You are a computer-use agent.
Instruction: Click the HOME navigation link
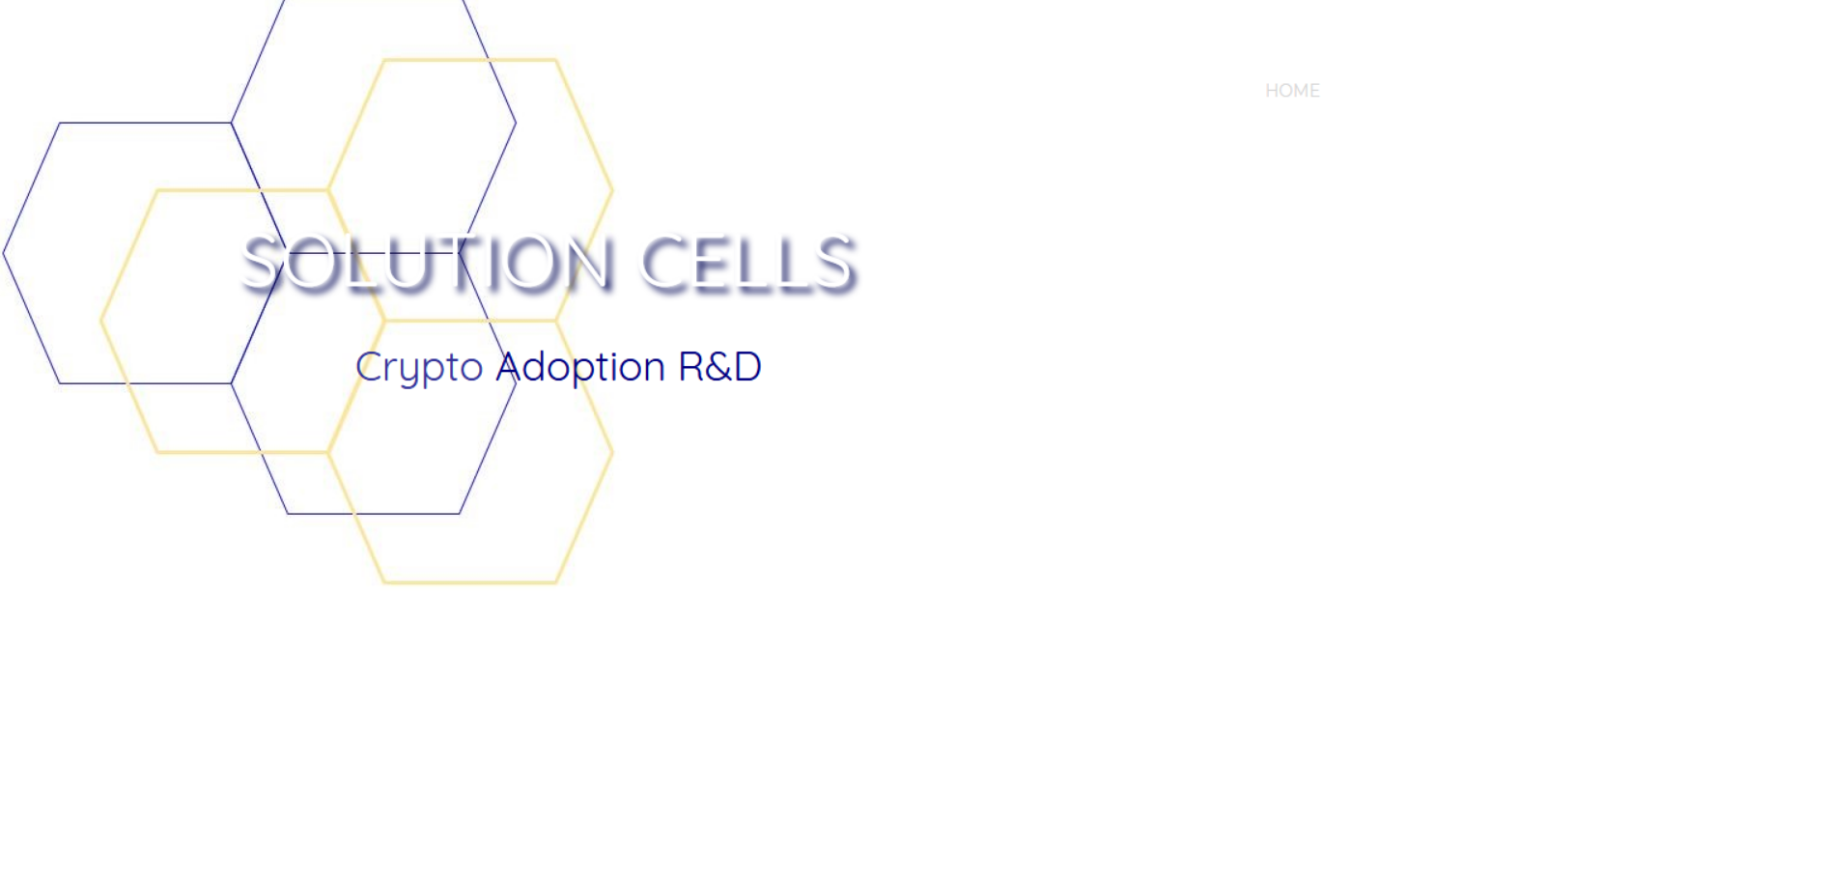(1292, 91)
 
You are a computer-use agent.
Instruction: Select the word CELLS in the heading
(747, 263)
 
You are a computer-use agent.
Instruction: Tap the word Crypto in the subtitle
(419, 368)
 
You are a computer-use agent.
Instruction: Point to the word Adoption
(580, 368)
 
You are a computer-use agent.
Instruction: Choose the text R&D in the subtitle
(720, 367)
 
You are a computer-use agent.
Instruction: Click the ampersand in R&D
(719, 367)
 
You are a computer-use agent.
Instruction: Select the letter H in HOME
(1272, 91)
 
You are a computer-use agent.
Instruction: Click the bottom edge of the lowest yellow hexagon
(470, 582)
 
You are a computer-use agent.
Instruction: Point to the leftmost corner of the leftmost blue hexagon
(4, 254)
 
